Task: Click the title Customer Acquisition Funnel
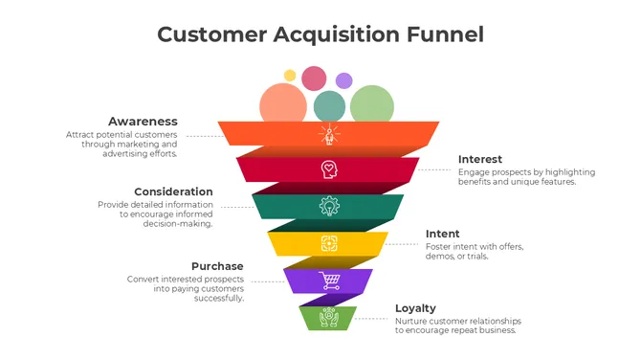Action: click(x=320, y=34)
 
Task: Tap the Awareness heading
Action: click(x=143, y=122)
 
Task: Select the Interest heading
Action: click(x=480, y=159)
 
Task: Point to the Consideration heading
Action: click(x=173, y=191)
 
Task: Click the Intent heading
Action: click(x=442, y=234)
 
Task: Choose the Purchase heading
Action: click(x=217, y=266)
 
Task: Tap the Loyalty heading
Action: click(x=415, y=308)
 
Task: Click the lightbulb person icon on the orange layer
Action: click(x=328, y=134)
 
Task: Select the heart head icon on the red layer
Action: click(x=328, y=169)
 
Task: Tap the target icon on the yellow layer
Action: click(x=328, y=243)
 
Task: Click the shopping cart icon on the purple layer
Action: click(x=329, y=281)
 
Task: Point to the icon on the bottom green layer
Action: click(x=328, y=317)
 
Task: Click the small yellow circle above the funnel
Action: click(x=290, y=75)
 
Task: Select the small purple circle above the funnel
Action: click(x=343, y=80)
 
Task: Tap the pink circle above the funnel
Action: click(x=314, y=78)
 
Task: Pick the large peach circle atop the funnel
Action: click(x=283, y=104)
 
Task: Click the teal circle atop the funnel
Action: click(x=329, y=105)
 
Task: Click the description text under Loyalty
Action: click(x=455, y=326)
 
